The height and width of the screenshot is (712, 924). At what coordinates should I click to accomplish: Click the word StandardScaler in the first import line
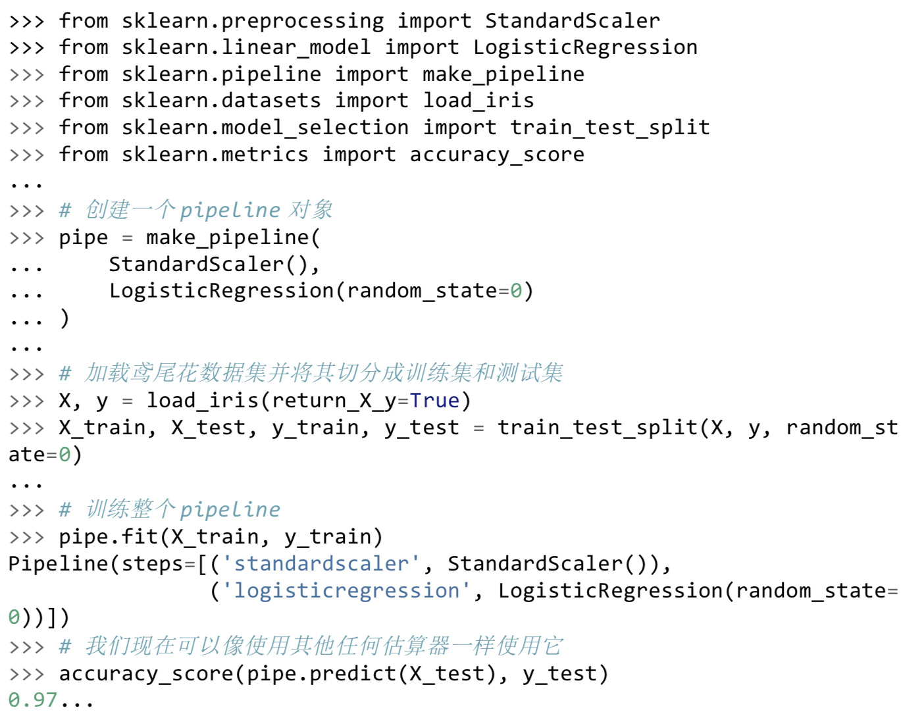point(573,21)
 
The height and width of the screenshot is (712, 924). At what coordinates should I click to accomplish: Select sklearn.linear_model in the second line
point(246,47)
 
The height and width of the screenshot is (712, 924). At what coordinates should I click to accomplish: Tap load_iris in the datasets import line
point(478,101)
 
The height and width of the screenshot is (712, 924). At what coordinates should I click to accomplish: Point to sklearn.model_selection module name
point(265,128)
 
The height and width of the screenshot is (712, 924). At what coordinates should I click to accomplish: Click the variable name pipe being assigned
point(84,238)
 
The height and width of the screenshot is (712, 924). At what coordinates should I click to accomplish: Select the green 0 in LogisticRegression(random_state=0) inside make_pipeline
point(516,291)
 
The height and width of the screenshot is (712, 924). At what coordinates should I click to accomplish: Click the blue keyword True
point(434,401)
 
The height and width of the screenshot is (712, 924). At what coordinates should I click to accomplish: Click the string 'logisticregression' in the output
point(346,592)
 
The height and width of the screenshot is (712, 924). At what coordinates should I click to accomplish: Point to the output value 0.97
point(33,699)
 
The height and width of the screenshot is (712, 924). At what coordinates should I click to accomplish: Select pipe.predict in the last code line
point(321,674)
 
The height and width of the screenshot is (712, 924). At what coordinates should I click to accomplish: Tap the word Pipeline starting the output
point(59,565)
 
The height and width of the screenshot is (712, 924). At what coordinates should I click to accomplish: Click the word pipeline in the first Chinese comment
point(230,211)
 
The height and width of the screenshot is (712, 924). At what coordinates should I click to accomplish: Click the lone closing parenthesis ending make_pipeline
point(64,318)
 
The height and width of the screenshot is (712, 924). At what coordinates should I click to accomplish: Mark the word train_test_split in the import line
point(610,128)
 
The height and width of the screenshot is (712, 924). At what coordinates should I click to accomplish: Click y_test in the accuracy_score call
point(559,674)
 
